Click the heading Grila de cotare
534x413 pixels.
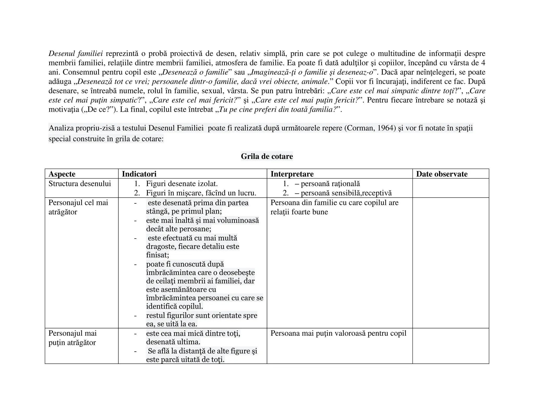coord(267,156)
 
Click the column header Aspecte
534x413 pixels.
coord(62,174)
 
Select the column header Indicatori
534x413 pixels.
coord(139,174)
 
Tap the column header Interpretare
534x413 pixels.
coord(292,174)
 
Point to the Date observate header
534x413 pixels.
coord(442,174)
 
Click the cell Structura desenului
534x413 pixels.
coord(80,184)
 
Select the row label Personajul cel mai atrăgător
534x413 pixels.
coord(78,207)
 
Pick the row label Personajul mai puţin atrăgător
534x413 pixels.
coord(72,338)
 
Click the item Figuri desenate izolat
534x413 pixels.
coord(182,184)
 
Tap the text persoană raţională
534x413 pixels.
coord(330,184)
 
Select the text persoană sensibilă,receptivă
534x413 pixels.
coord(346,193)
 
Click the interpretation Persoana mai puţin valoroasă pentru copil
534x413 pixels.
coord(338,333)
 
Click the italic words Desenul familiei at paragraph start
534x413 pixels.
coord(76,54)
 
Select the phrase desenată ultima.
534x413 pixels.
coord(173,342)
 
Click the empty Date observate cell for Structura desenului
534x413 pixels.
coord(450,188)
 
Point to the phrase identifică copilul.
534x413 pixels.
coord(174,306)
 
